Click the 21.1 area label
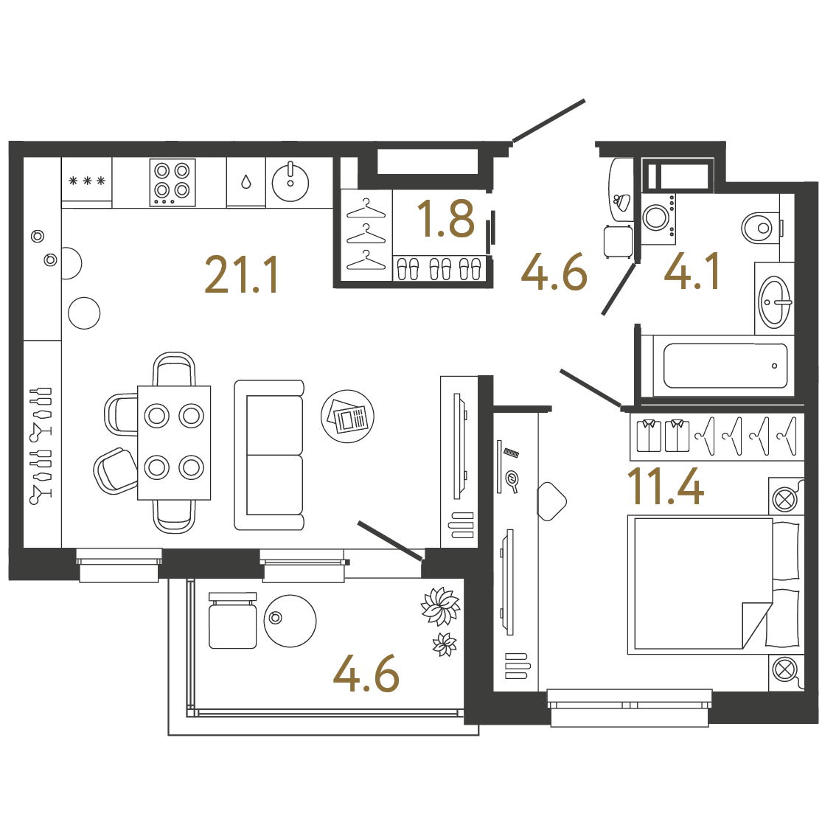[x=242, y=275]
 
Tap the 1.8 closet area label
[x=446, y=219]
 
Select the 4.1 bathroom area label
[x=692, y=271]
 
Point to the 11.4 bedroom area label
[x=666, y=486]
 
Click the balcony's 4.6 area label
[x=366, y=673]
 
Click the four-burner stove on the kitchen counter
[x=173, y=182]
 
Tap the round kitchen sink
[x=290, y=182]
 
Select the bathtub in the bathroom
[x=725, y=366]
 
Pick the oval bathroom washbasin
[x=774, y=302]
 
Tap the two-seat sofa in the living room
[x=269, y=455]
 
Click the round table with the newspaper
[x=348, y=417]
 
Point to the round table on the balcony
[x=290, y=621]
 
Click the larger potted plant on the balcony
[x=440, y=606]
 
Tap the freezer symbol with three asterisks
[x=87, y=181]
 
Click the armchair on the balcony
[x=232, y=620]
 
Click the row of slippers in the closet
[x=439, y=268]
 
